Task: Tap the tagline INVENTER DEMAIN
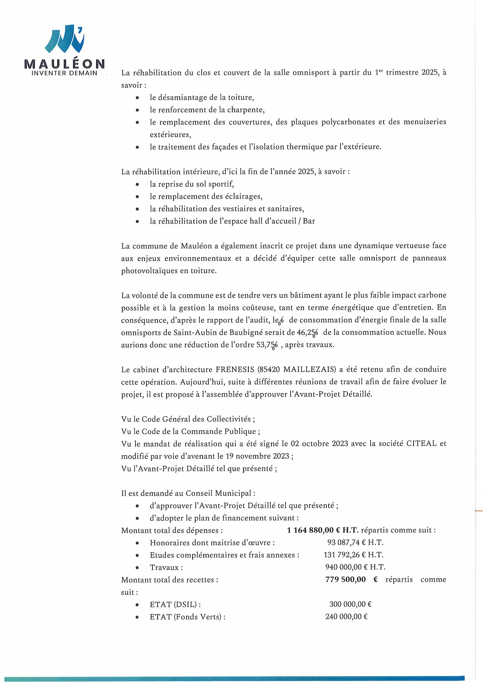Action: coord(65,73)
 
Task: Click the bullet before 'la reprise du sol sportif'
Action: coord(137,184)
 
